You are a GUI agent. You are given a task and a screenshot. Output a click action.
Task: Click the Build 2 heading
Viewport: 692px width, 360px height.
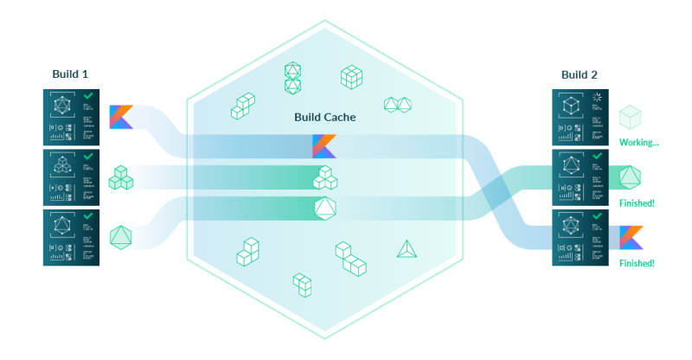click(x=579, y=74)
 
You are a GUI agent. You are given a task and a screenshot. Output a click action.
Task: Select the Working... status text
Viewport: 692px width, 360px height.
click(x=638, y=142)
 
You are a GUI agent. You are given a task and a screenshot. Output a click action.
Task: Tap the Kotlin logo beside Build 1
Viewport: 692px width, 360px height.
click(x=121, y=117)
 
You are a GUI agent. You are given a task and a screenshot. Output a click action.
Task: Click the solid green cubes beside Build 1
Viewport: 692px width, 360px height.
click(x=121, y=178)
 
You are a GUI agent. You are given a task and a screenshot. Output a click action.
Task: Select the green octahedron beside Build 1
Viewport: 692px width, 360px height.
click(x=121, y=236)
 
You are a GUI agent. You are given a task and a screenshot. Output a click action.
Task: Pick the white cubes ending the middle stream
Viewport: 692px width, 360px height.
click(x=324, y=177)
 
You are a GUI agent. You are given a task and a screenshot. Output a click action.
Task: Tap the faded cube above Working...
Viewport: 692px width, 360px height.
click(x=631, y=117)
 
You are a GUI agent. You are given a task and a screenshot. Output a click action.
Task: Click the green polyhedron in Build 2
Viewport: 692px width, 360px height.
click(x=631, y=177)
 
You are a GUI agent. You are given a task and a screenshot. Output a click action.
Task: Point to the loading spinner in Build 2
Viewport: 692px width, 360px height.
click(x=599, y=99)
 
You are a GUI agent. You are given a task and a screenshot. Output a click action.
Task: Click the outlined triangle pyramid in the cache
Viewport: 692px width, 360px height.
click(x=407, y=249)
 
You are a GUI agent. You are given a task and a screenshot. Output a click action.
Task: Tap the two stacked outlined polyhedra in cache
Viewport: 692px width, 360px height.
click(x=294, y=78)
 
